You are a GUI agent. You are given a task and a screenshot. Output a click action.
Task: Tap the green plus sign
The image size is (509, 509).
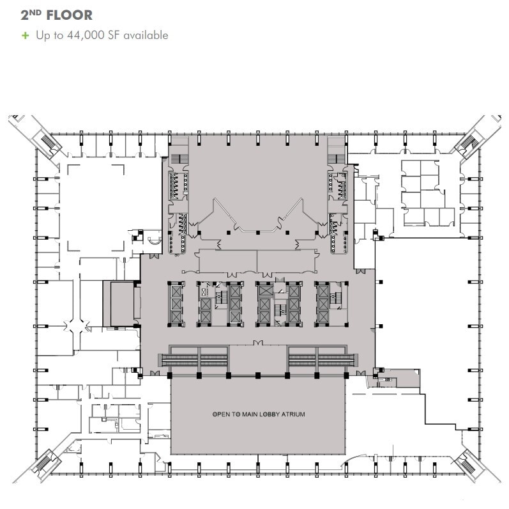pyautogui.click(x=26, y=35)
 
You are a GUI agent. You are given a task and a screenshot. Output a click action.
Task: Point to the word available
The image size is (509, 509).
pyautogui.click(x=146, y=35)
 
